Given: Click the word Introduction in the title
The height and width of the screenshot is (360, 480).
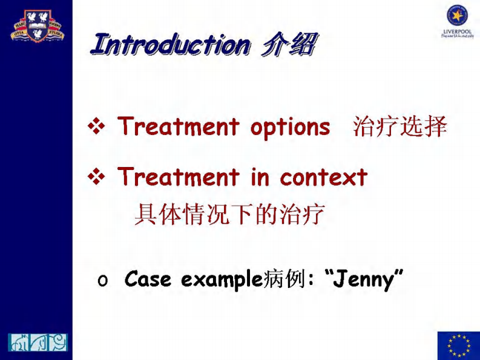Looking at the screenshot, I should pos(169,45).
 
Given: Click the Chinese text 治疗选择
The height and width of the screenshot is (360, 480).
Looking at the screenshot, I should pos(399,127).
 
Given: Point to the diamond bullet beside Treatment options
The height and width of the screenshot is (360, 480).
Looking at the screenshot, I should pos(97,127).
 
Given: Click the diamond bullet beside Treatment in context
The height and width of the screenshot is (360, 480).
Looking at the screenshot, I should pos(97,177).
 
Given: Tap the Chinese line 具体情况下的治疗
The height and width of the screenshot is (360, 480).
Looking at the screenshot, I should pos(229,214).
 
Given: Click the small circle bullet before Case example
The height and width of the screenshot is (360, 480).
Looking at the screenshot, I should pos(102,281).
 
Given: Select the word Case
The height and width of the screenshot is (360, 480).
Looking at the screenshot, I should pos(148,280).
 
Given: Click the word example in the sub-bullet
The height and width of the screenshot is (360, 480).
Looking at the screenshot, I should pos(222,280).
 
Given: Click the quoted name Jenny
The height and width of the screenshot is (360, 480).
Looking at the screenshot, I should pos(363,280).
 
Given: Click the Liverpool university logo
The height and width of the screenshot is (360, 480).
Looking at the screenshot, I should pos(457,21).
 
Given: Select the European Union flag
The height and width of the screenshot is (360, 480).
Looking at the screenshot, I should pos(458,345).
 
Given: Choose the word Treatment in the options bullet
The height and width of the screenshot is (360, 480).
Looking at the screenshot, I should pos(179,127).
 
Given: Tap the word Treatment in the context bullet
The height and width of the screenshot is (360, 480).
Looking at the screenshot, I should pos(179,177).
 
